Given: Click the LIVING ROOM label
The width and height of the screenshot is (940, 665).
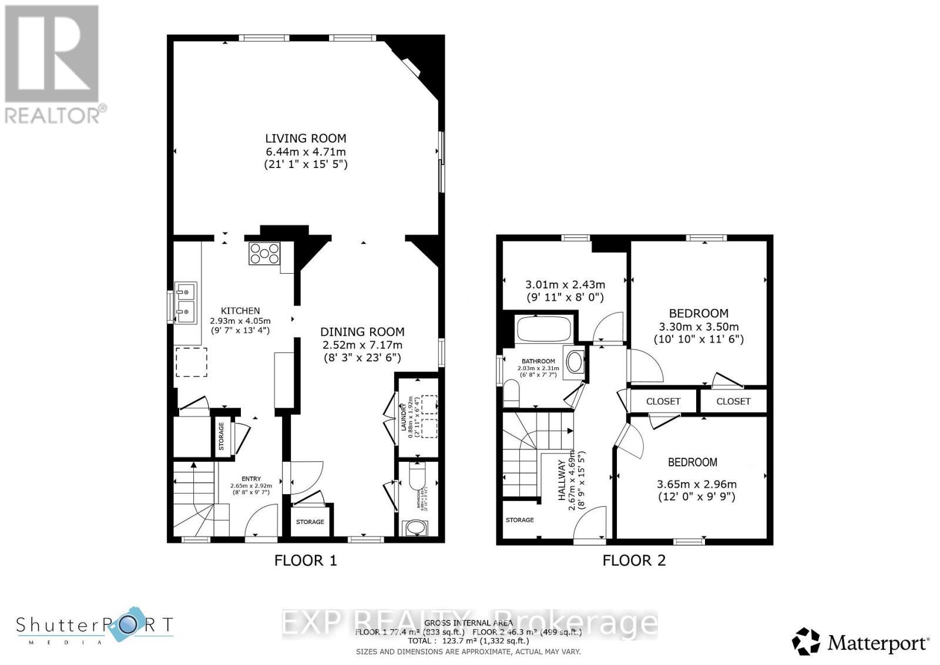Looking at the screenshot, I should [305, 139].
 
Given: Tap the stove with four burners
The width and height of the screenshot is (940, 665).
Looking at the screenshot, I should [264, 254].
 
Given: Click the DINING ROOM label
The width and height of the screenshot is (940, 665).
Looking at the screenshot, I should [362, 332].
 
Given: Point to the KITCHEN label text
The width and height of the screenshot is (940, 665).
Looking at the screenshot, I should [240, 311].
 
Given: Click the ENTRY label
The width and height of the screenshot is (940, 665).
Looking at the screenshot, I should [251, 479].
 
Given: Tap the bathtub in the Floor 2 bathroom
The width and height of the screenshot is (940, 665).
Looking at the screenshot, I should [543, 329].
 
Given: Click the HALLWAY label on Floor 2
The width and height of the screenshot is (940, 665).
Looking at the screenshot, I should [562, 480].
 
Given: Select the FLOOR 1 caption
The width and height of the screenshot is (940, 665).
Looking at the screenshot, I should [305, 560].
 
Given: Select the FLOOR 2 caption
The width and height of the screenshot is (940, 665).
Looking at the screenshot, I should [634, 560].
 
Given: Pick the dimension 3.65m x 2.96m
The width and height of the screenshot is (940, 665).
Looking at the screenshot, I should [696, 485].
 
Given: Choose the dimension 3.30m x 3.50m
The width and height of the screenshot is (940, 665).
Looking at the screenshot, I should [699, 327].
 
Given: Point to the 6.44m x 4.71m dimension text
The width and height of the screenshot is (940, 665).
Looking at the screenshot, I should [305, 152].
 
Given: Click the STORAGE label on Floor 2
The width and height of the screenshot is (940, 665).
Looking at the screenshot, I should [520, 520].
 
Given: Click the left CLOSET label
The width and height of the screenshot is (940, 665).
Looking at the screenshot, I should [663, 401].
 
